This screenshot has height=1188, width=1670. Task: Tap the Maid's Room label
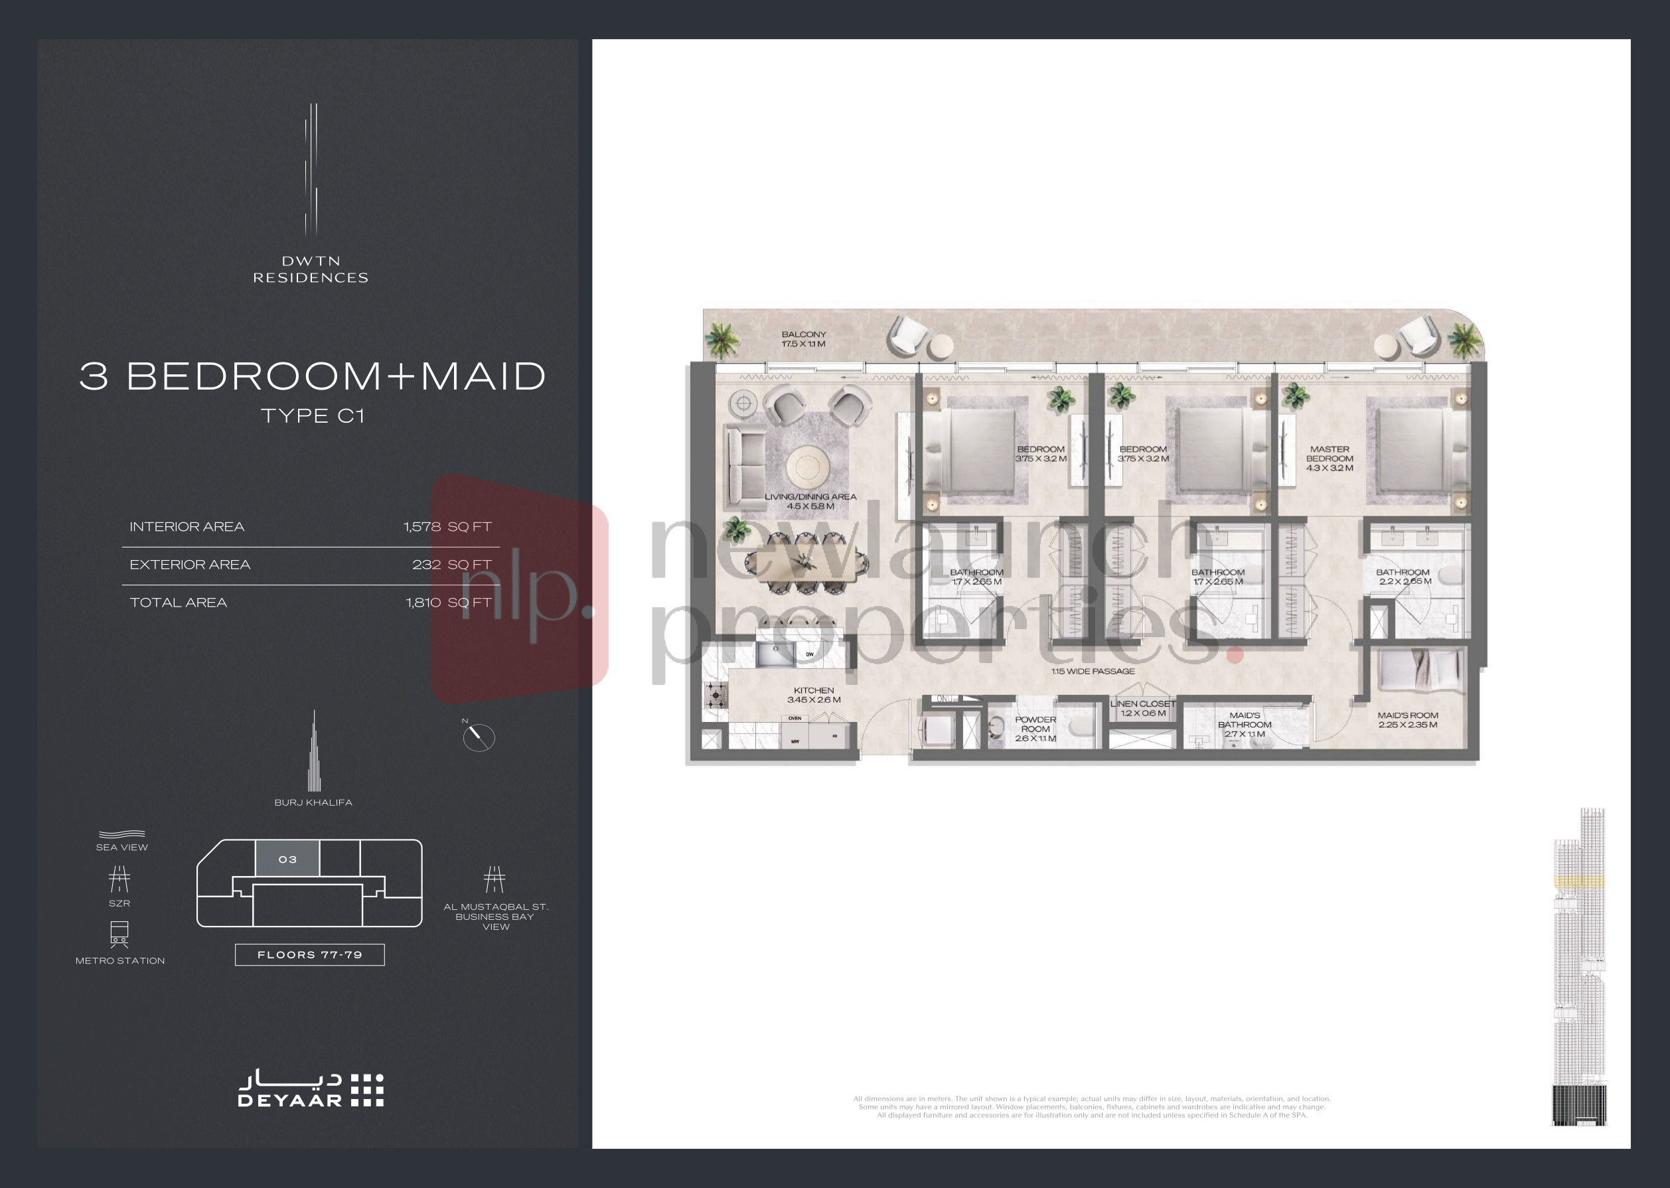(x=1407, y=720)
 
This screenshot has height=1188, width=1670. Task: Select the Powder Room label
(x=1035, y=729)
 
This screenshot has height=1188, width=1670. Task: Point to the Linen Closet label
(x=1142, y=708)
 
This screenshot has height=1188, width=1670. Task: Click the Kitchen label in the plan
(x=813, y=695)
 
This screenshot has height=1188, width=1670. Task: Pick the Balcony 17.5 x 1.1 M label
(x=803, y=338)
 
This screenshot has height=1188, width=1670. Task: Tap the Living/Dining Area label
(x=810, y=501)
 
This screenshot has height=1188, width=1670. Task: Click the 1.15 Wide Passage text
(x=1093, y=671)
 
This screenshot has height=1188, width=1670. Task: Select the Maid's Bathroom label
(x=1245, y=724)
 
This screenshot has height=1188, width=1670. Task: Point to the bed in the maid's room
(x=1419, y=670)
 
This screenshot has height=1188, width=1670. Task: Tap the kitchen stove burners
(x=716, y=694)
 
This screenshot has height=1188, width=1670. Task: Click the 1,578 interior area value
(x=422, y=527)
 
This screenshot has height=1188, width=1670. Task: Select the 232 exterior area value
(x=427, y=565)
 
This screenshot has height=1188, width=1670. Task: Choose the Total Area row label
(x=179, y=603)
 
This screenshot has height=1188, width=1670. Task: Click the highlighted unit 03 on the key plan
(x=287, y=859)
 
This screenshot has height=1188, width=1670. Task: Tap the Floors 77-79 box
(x=309, y=954)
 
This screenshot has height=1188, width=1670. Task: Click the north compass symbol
(x=479, y=736)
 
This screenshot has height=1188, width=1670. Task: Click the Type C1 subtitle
(x=313, y=416)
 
